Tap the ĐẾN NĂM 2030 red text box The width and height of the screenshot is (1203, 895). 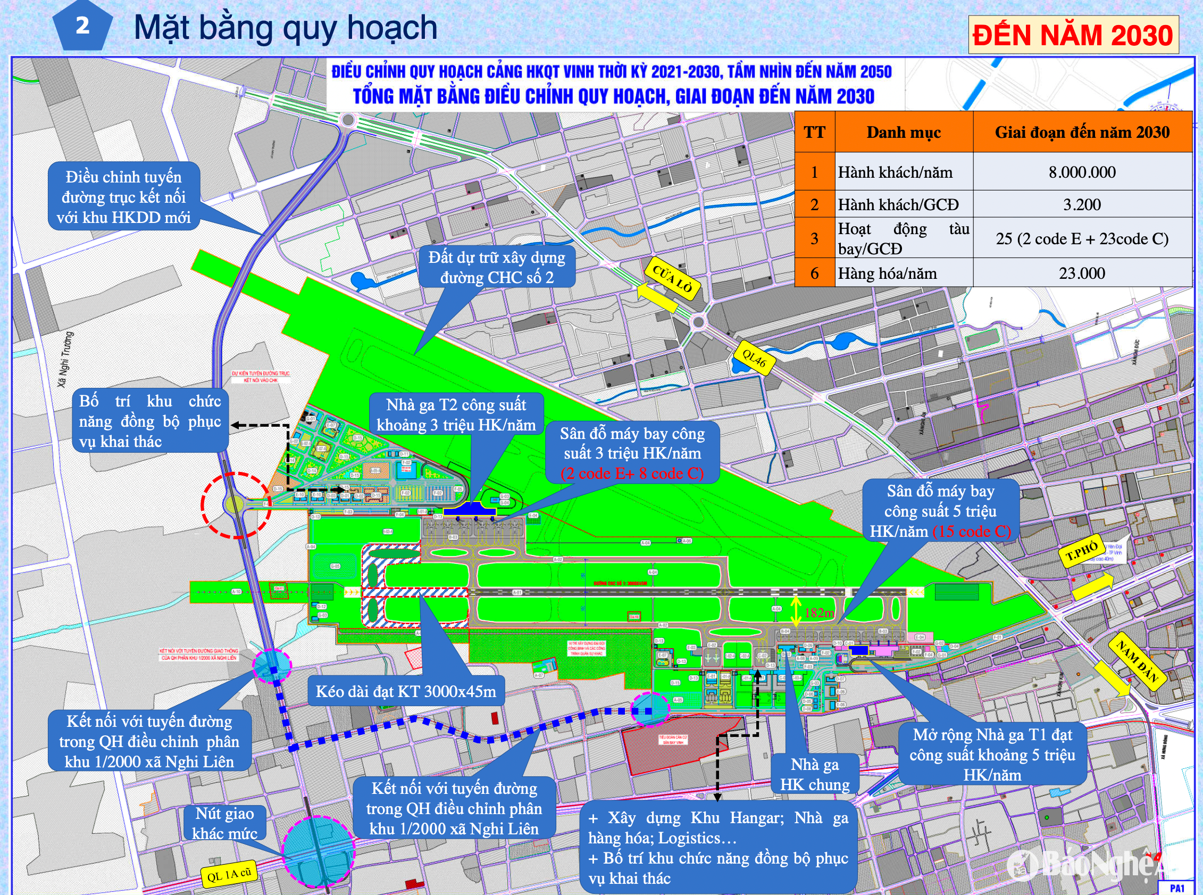pos(1073,35)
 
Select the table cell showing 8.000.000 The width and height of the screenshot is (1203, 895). pos(1082,172)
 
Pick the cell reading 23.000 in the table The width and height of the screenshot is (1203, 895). pos(1082,273)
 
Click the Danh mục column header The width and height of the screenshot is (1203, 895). pos(903,132)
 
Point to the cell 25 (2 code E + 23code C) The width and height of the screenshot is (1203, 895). pos(1082,238)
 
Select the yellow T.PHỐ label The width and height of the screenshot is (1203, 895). pos(1082,552)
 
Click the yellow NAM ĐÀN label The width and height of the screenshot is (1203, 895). pos(1137,660)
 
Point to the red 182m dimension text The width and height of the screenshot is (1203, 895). pos(818,613)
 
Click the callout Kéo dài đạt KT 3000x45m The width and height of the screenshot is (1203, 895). pos(406,691)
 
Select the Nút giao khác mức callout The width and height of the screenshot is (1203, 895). pos(224,823)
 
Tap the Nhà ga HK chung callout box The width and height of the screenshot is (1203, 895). pos(814,774)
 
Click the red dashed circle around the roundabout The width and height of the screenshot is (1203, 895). pos(237,505)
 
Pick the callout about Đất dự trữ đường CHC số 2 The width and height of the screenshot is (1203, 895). pos(497,268)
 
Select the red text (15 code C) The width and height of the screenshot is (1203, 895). pos(972,532)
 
